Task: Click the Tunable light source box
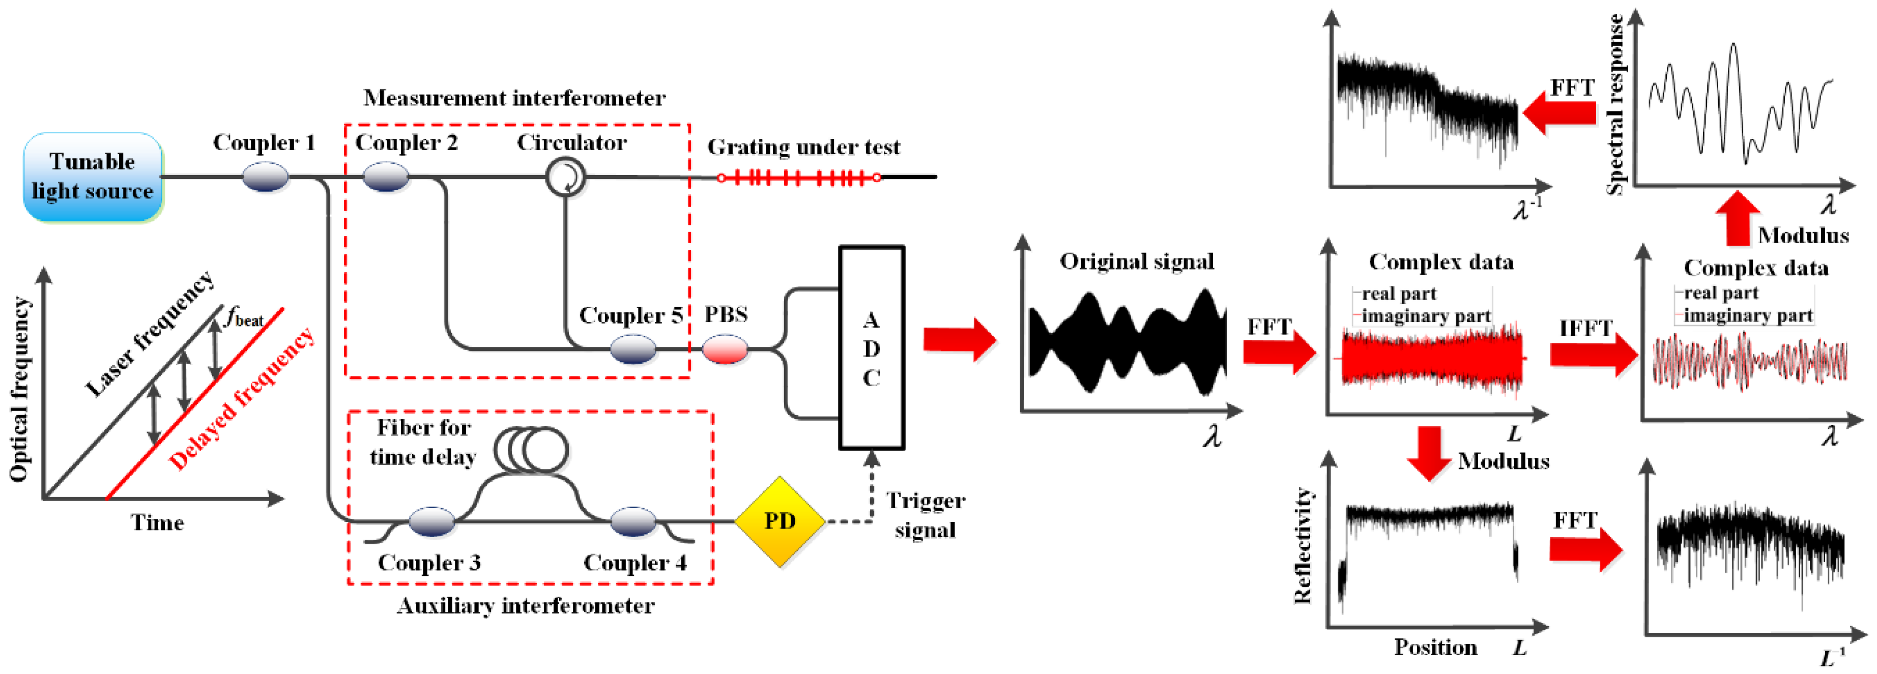(x=93, y=177)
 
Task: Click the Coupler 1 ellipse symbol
(x=265, y=177)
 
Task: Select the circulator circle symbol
(x=565, y=177)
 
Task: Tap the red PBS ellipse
(x=725, y=349)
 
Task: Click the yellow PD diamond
(x=779, y=521)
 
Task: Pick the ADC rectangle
(x=872, y=347)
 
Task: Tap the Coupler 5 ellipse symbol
(x=632, y=349)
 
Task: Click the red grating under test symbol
(x=799, y=177)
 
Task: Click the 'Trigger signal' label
(x=925, y=515)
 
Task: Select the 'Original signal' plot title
(x=1136, y=261)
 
